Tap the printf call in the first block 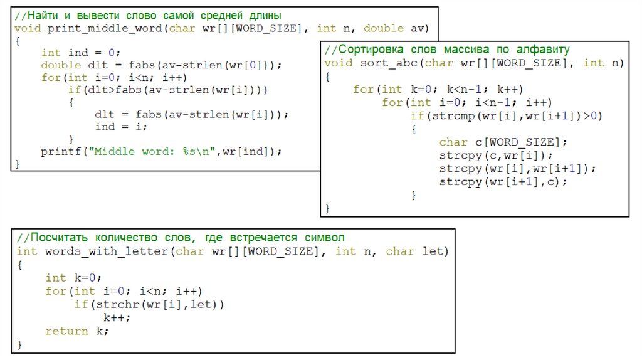[61, 151]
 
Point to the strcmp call [443, 115]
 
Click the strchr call [115, 304]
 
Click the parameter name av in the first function [419, 29]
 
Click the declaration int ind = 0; [80, 53]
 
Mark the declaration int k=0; [73, 278]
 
